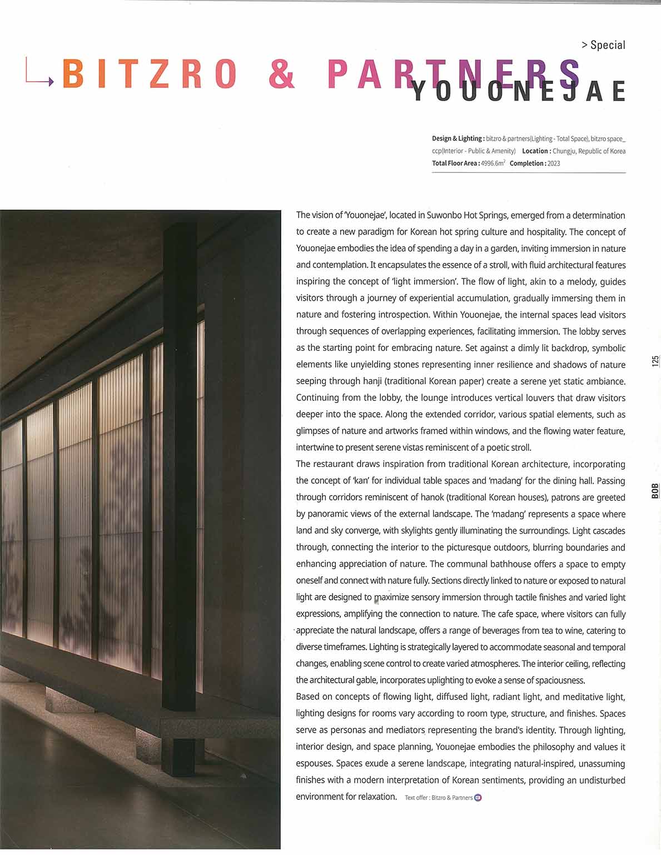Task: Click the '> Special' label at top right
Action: tap(603, 45)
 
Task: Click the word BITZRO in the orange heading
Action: tap(150, 74)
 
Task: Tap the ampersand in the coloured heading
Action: tap(282, 74)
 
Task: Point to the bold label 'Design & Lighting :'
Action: tap(458, 138)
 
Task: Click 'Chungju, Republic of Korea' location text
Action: tap(589, 151)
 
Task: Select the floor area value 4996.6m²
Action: tap(493, 163)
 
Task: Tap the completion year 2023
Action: tap(553, 163)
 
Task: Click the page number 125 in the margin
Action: tap(655, 361)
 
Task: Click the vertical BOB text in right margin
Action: tap(655, 490)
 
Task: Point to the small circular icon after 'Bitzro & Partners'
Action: tap(478, 798)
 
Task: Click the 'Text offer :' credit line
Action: tap(417, 798)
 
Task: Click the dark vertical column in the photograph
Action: tap(180, 456)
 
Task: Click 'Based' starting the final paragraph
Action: tap(307, 697)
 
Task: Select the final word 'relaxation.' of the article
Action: tap(374, 797)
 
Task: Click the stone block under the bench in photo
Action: tap(70, 700)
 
